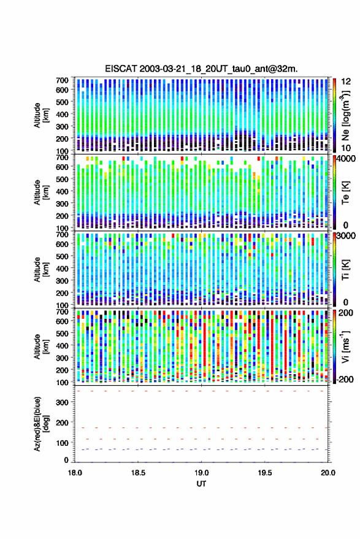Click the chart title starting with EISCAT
tap(201, 69)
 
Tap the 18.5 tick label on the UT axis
tap(138, 473)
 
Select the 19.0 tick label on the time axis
tap(201, 473)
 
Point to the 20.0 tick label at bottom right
tap(328, 473)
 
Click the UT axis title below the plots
tap(201, 484)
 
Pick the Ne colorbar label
tap(345, 115)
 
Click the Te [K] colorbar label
tap(345, 193)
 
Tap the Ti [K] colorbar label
tap(345, 270)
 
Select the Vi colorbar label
tap(345, 346)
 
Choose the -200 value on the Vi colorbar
tap(345, 379)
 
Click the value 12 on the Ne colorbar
tap(346, 82)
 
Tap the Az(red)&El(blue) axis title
tap(41, 424)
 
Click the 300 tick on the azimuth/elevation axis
tap(62, 402)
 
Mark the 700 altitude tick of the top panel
tap(62, 80)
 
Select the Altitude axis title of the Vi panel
tap(41, 346)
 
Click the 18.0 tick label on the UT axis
tap(75, 473)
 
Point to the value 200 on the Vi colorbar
tap(345, 313)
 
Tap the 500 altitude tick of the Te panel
tap(62, 179)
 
